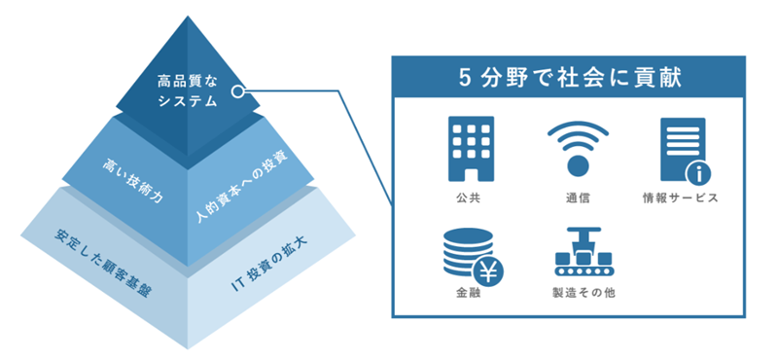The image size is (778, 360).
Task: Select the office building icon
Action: [x=471, y=148]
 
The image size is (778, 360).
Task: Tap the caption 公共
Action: [x=471, y=198]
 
